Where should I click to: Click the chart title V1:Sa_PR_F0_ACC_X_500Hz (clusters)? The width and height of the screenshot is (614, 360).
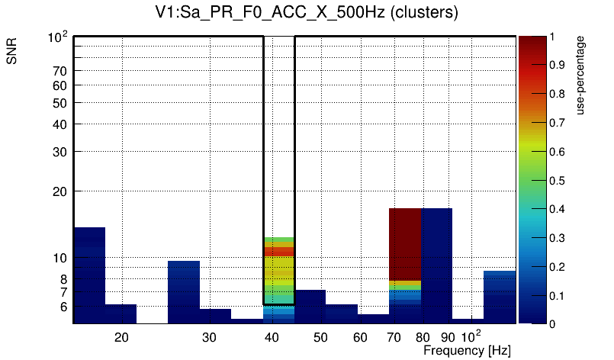[306, 13]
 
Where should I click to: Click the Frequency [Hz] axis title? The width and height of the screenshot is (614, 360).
[467, 350]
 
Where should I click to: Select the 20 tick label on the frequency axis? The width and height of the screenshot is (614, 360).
[121, 337]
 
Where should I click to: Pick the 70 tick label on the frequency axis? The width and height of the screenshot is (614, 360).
[394, 337]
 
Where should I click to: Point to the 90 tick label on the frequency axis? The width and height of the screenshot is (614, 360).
[448, 337]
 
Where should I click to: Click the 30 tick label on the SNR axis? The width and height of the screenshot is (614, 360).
[59, 152]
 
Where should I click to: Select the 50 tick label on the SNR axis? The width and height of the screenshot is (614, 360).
[59, 103]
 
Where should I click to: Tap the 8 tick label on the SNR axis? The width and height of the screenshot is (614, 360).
[63, 279]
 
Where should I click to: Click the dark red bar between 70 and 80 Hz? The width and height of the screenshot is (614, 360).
[404, 244]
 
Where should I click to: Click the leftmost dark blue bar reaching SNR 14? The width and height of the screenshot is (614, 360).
[89, 275]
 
